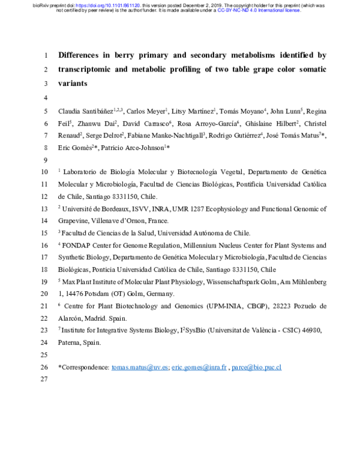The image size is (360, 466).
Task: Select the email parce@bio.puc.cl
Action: [x=257, y=367]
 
